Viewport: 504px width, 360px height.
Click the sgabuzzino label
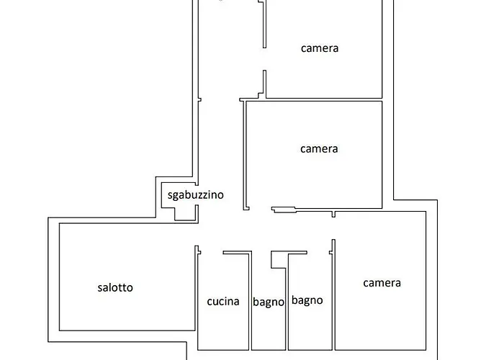(x=195, y=195)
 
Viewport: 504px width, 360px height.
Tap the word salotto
(x=115, y=287)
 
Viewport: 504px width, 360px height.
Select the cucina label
(x=223, y=302)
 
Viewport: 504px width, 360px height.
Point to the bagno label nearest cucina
(x=269, y=302)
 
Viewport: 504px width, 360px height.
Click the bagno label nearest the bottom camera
(x=307, y=300)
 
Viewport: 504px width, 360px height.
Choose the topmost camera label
(x=320, y=48)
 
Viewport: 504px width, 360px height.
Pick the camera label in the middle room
(x=319, y=149)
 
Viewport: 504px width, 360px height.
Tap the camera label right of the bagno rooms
(x=382, y=283)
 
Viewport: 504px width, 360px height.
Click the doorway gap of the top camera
(x=264, y=60)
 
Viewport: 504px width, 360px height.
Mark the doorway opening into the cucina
(x=212, y=253)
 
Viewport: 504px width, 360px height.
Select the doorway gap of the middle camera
(x=261, y=209)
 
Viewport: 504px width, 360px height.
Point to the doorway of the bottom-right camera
(x=333, y=228)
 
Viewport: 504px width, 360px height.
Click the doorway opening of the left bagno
(x=261, y=253)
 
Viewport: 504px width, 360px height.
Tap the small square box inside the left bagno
(x=279, y=260)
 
